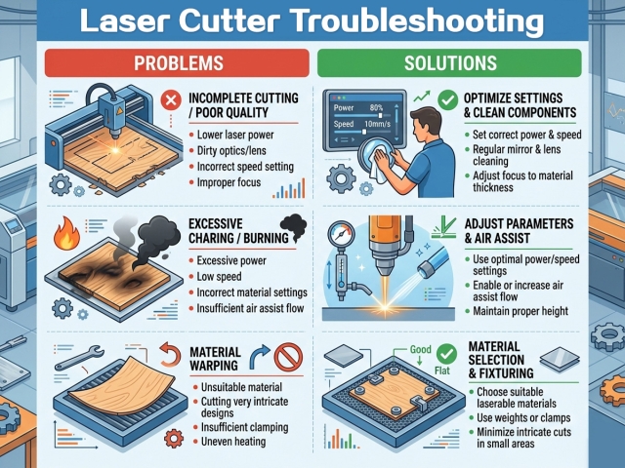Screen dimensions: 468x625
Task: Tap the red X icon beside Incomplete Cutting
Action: [170, 100]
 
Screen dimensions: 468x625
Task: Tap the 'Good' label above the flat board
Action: [423, 348]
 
